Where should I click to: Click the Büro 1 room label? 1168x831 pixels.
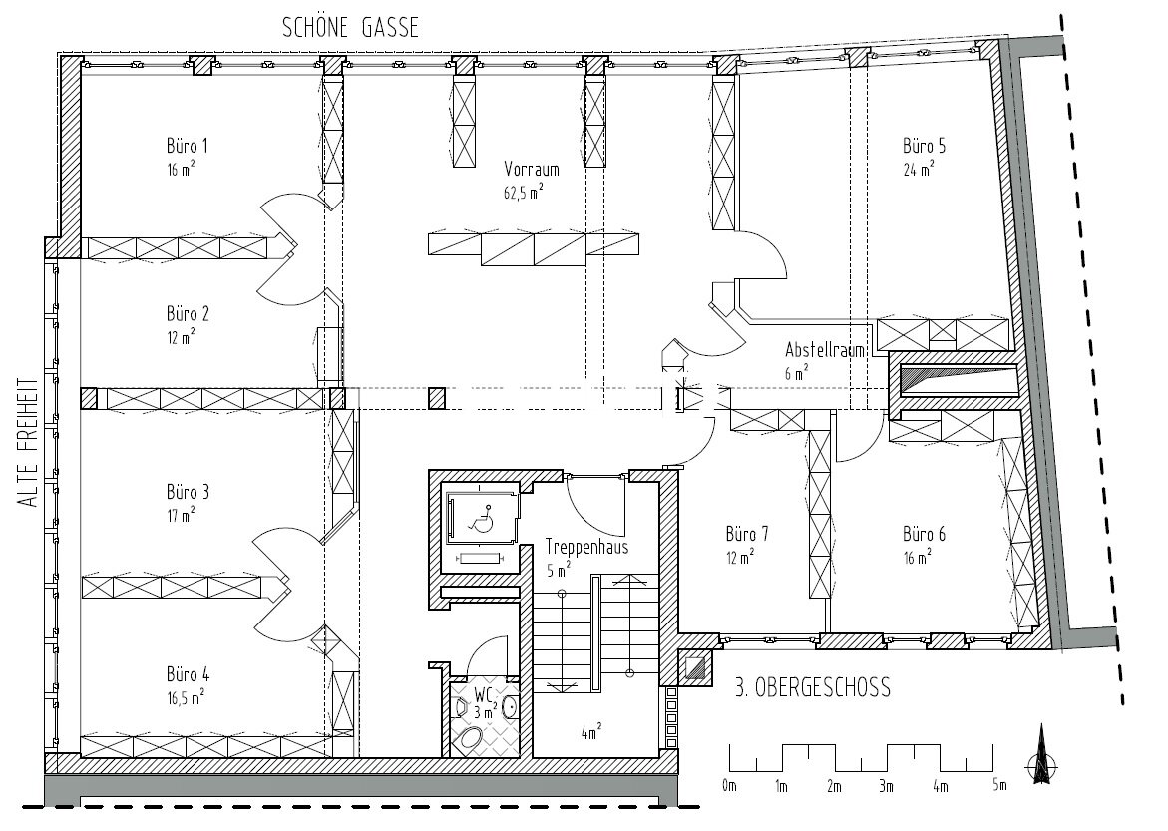(x=187, y=146)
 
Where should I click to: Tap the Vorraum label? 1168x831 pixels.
(x=531, y=169)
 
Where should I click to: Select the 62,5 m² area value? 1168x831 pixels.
(x=523, y=194)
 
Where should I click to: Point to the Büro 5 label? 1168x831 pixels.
(x=924, y=146)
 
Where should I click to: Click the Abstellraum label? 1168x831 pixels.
(x=825, y=350)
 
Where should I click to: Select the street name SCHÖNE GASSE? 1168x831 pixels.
(x=350, y=28)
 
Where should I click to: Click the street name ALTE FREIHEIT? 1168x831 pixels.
(x=29, y=444)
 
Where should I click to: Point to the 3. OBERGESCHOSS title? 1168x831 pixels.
(x=813, y=687)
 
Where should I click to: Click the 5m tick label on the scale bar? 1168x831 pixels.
(x=998, y=785)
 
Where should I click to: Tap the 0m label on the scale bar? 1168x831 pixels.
(x=728, y=785)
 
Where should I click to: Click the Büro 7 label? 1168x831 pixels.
(x=746, y=534)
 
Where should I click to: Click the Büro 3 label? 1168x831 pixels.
(x=188, y=492)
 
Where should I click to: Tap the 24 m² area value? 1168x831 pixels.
(x=919, y=170)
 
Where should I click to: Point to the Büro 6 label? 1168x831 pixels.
(x=924, y=534)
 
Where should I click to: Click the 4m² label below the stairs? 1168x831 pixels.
(x=591, y=732)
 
